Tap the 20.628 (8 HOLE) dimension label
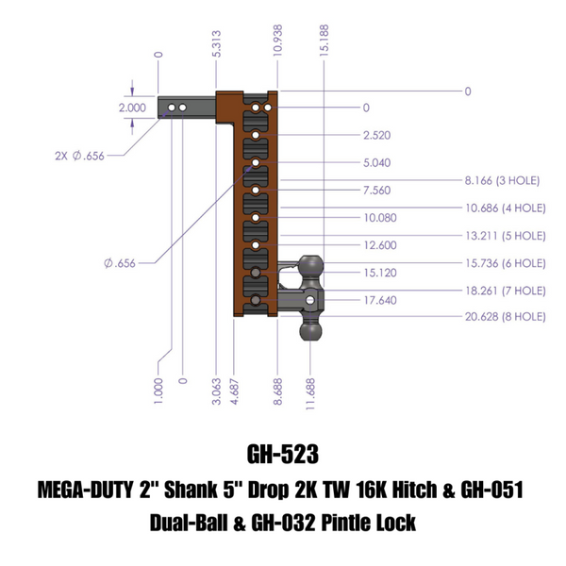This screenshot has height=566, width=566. tap(505, 318)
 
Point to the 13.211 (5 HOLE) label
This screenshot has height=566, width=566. tap(505, 235)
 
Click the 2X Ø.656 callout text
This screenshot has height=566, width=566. tap(80, 157)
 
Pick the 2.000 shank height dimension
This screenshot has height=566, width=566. tap(132, 108)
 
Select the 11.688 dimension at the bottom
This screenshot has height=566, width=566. tap(309, 390)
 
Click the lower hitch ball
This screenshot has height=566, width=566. tap(310, 332)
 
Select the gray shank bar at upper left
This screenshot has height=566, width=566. tap(189, 108)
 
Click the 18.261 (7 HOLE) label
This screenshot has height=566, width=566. tap(505, 291)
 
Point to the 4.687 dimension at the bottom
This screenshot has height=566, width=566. tap(232, 390)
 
